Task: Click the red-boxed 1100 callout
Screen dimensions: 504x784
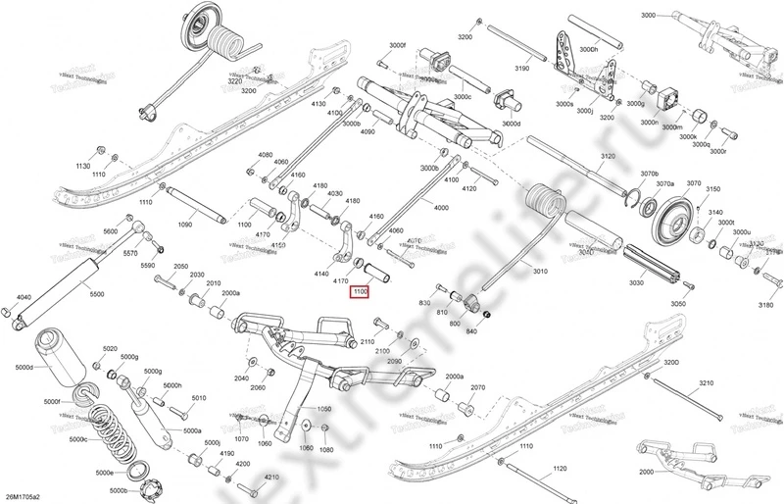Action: coord(360,291)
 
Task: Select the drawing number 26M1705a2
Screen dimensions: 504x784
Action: coord(27,495)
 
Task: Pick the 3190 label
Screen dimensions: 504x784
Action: coord(521,69)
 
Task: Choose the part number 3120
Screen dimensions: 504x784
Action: coord(608,157)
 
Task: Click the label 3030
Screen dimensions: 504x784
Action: coord(636,283)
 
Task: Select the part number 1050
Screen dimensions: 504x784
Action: coord(324,408)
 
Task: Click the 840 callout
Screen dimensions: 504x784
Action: coord(471,331)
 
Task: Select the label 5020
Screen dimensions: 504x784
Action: coord(109,349)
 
